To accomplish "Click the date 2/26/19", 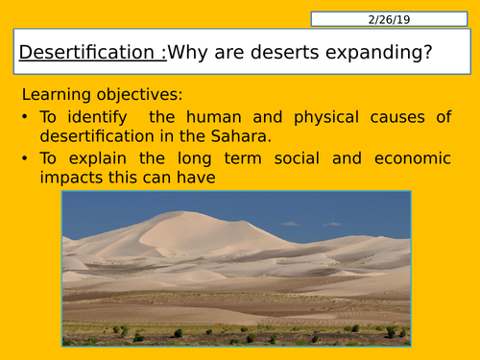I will click(x=389, y=18).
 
